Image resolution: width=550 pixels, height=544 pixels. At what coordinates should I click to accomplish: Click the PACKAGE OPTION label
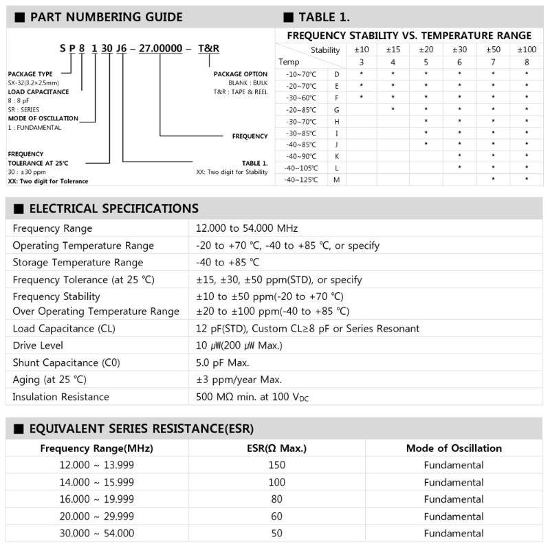240,74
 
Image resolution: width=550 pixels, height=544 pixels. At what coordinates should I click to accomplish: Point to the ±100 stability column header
526,50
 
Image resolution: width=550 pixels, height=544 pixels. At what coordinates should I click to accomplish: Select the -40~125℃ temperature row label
302,179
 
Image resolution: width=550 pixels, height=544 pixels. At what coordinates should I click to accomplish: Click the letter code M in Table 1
337,179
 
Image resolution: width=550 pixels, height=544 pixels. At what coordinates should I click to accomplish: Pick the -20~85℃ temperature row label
302,109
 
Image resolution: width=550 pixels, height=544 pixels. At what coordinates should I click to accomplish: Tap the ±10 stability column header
362,50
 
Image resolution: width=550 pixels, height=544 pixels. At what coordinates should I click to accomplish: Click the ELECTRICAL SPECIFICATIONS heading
113,208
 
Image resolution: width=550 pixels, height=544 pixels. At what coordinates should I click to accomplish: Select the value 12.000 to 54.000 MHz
247,228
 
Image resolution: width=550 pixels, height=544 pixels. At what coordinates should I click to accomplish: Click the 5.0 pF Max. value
223,362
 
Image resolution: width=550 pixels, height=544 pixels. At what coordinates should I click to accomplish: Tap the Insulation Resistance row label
60,396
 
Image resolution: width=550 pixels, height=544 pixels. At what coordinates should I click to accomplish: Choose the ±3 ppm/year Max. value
239,379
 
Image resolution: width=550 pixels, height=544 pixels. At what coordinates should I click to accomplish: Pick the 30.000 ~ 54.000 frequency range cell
97,533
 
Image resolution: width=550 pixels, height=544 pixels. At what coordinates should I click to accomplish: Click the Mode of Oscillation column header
454,448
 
